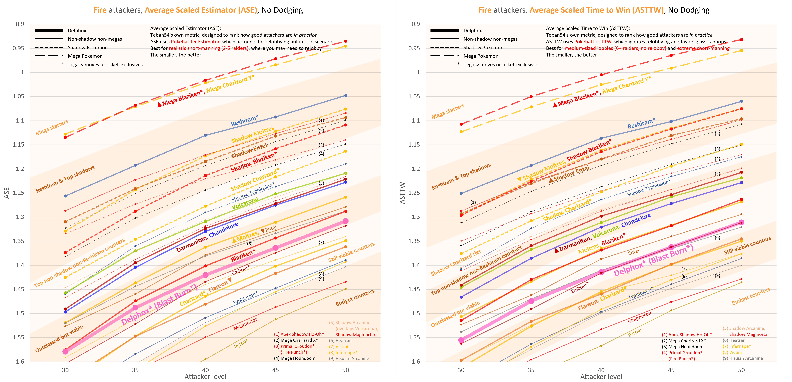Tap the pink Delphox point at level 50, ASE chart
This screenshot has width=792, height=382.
pyautogui.click(x=346, y=221)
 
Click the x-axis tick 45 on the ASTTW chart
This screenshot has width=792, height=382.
pyautogui.click(x=671, y=370)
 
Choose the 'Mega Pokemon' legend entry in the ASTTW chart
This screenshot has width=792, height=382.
pyautogui.click(x=481, y=56)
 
